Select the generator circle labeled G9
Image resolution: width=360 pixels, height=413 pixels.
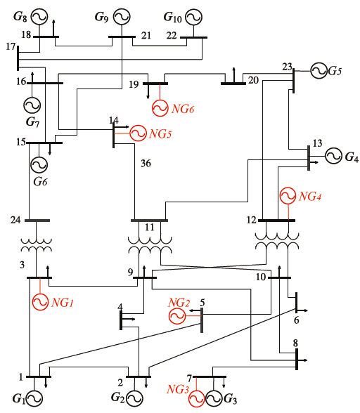[x=122, y=15]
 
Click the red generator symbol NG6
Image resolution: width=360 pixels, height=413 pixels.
[x=161, y=107]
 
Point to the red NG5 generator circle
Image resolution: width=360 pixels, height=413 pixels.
[x=139, y=133]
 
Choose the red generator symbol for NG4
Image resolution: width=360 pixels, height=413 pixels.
[x=288, y=196]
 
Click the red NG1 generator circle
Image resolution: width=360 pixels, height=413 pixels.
[x=40, y=302]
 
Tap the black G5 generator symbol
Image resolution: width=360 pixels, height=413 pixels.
[x=319, y=70]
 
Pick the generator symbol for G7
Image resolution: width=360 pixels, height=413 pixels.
[x=32, y=105]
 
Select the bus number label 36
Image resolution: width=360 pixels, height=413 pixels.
[x=146, y=164]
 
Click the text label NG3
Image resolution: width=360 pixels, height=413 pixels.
[x=176, y=388]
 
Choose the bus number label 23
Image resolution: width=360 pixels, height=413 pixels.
[x=287, y=67]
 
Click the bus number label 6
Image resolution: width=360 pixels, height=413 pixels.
[x=295, y=320]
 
